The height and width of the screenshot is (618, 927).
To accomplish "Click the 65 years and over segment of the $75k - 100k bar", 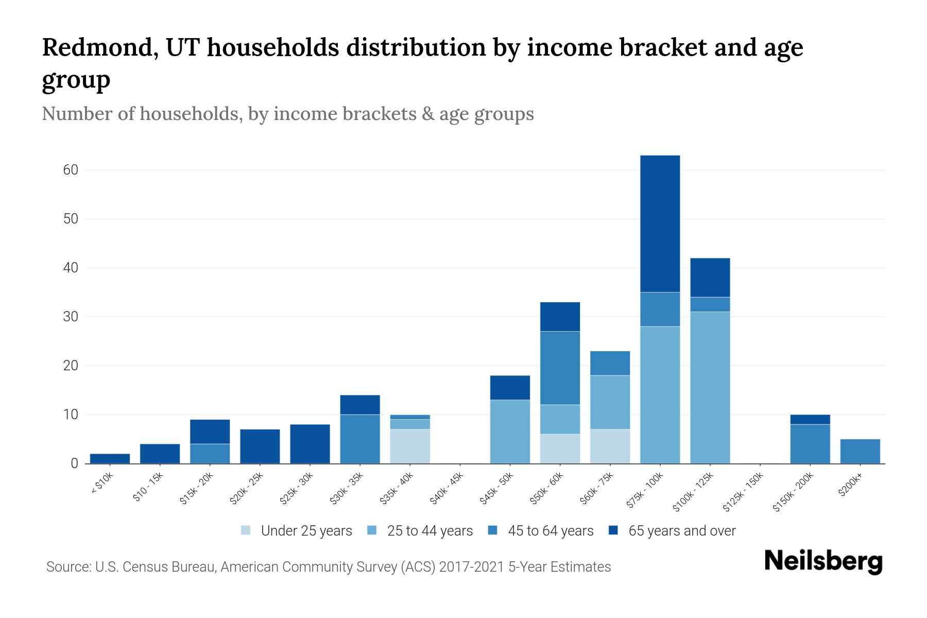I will click(660, 224).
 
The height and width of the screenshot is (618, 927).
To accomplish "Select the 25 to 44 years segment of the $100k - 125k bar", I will click(710, 387).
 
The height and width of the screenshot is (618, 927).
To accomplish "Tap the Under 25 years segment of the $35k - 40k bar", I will click(409, 446).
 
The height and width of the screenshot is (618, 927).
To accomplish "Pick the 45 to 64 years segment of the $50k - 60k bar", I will click(560, 368).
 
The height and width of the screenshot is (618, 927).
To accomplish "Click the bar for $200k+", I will click(860, 451).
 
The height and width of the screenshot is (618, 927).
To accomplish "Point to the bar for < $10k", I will click(110, 458).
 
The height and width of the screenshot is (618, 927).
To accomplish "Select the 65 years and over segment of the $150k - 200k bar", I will click(810, 419).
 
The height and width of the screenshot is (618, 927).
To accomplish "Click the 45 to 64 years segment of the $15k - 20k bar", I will click(210, 453).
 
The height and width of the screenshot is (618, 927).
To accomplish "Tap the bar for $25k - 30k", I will click(310, 443).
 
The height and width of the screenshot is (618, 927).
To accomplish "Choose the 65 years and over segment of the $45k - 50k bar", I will click(510, 387).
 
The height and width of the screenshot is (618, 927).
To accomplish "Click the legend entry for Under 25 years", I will click(297, 530).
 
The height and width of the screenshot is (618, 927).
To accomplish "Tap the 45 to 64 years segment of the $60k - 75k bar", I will click(610, 363).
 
